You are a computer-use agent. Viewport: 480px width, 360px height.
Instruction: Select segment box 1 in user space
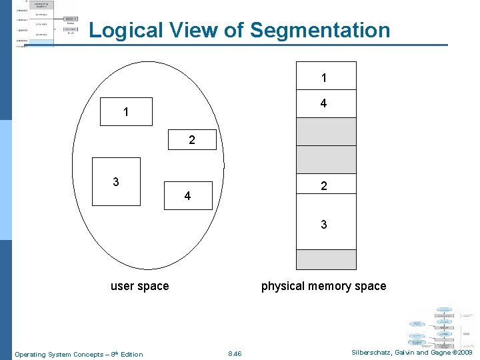coord(126,112)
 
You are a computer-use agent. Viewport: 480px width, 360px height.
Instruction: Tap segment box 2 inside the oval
coord(192,140)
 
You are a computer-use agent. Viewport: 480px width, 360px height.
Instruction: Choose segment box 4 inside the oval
coord(188,195)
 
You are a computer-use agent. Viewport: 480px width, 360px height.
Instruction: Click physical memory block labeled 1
coord(325,77)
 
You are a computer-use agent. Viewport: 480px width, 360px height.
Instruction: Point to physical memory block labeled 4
coord(325,104)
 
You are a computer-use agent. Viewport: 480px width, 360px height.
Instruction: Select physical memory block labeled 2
coord(325,187)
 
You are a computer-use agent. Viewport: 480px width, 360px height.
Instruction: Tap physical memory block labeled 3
coord(325,225)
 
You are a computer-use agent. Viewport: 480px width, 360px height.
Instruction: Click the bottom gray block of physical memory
coord(325,259)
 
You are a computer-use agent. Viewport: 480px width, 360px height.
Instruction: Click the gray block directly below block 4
coord(325,131)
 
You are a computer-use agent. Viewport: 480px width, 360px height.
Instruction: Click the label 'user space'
coord(139,286)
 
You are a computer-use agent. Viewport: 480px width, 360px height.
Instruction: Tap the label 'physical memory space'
coord(323,286)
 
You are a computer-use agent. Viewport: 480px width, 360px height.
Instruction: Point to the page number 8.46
coord(235,354)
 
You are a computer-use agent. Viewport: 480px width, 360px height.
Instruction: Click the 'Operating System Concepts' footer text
coord(79,354)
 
